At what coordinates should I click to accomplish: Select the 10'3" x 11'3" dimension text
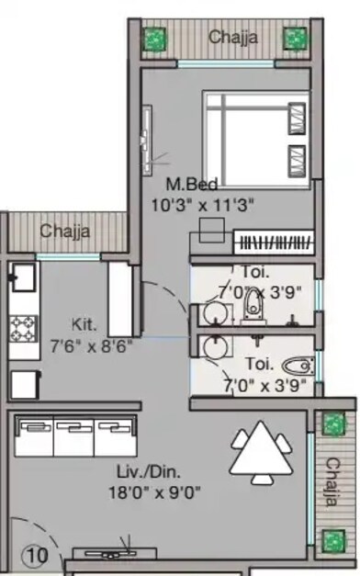pos(191,204)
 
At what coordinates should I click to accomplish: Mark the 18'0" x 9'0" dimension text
pos(154,491)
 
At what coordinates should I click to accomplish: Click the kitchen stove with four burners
pos(23,326)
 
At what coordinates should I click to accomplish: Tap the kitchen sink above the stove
pos(23,277)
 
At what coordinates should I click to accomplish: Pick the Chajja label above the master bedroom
pos(232,38)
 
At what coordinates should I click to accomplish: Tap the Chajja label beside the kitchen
pos(65,232)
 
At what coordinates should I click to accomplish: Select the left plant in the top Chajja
pos(155,39)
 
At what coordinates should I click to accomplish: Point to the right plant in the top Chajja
pos(295,39)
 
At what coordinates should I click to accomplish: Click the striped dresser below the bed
pos(275,243)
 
